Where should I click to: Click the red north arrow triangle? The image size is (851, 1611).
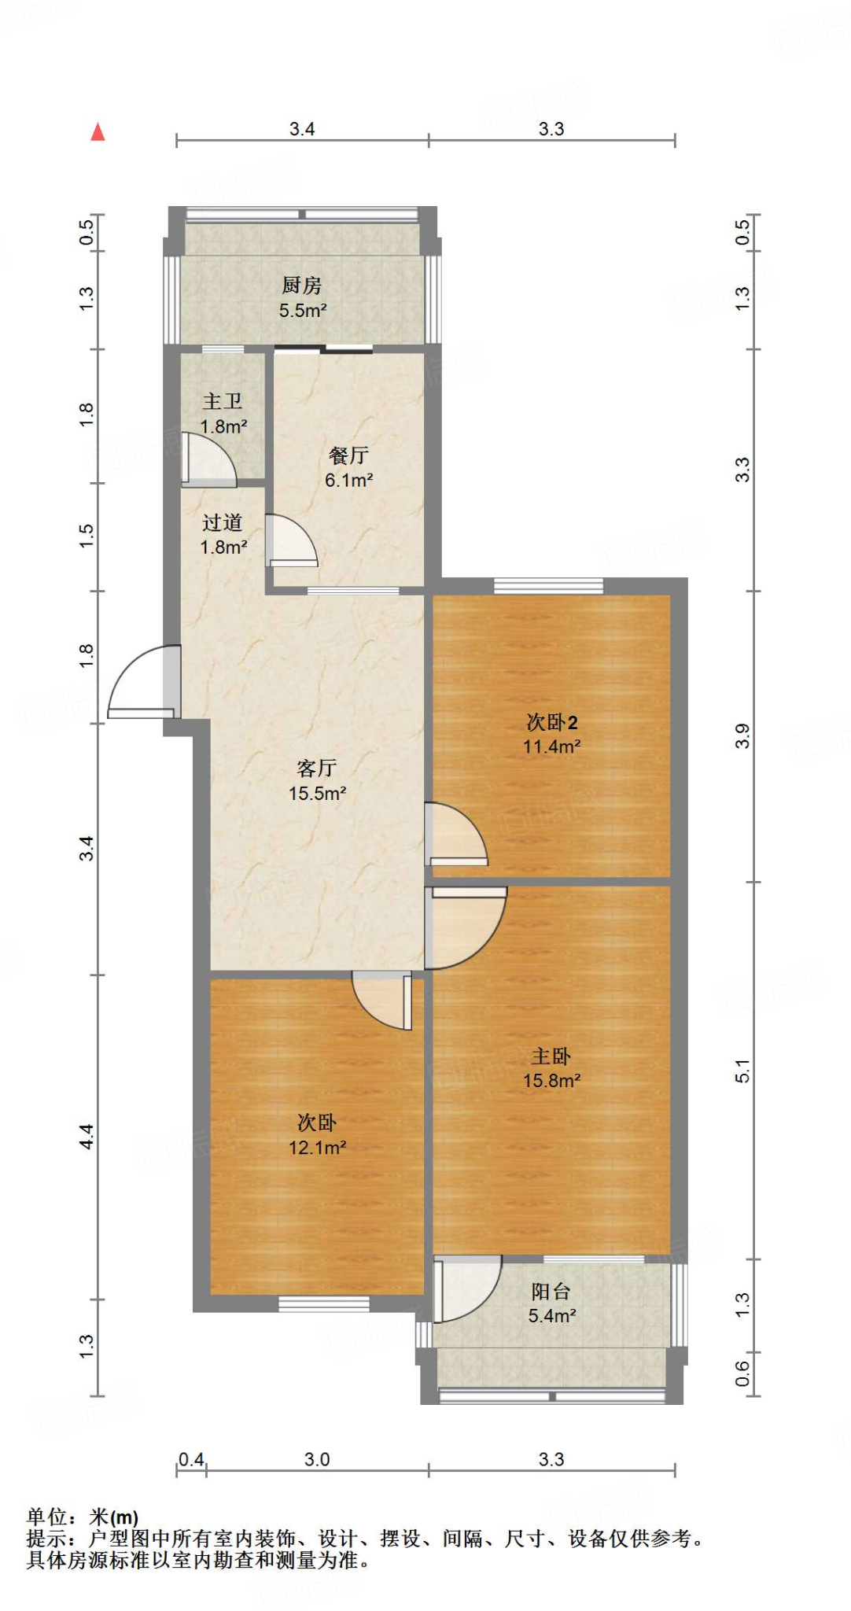pyautogui.click(x=98, y=132)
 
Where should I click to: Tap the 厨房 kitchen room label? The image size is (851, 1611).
pyautogui.click(x=302, y=286)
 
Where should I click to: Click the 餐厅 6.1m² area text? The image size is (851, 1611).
pyautogui.click(x=348, y=480)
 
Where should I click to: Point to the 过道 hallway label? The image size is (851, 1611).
pyautogui.click(x=223, y=523)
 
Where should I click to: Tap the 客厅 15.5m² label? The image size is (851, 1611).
pyautogui.click(x=317, y=780)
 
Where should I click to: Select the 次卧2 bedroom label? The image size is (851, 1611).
pyautogui.click(x=551, y=722)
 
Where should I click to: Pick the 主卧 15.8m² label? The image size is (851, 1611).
pyautogui.click(x=551, y=1068)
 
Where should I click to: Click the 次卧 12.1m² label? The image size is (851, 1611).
pyautogui.click(x=317, y=1135)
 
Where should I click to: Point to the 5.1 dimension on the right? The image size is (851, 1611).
pyautogui.click(x=743, y=1071)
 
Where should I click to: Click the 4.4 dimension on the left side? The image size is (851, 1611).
pyautogui.click(x=86, y=1137)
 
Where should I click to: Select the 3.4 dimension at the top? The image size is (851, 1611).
pyautogui.click(x=302, y=129)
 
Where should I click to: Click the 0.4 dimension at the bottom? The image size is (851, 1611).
pyautogui.click(x=190, y=1460)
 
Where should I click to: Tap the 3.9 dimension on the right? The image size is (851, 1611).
pyautogui.click(x=743, y=736)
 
